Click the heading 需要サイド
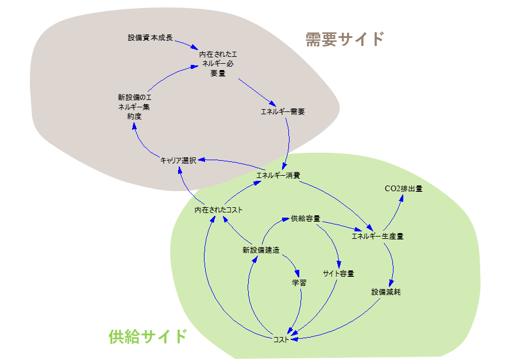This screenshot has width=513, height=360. pyautogui.click(x=344, y=39)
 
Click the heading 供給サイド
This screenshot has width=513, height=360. pyautogui.click(x=148, y=336)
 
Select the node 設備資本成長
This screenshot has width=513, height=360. pyautogui.click(x=150, y=38)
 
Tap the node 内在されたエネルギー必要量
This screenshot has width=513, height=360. pyautogui.click(x=217, y=64)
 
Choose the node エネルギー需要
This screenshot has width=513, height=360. pyautogui.click(x=283, y=111)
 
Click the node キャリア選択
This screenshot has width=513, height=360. pyautogui.click(x=179, y=160)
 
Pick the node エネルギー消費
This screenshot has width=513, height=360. pyautogui.click(x=277, y=175)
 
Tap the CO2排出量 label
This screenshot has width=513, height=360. pyautogui.click(x=403, y=188)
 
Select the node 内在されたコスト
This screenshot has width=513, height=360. pyautogui.click(x=218, y=210)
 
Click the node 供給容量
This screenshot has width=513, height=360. pyautogui.click(x=305, y=218)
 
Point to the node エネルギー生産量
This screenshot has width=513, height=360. pyautogui.click(x=377, y=235)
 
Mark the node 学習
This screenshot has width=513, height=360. pyautogui.click(x=299, y=282)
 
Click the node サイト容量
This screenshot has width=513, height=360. pyautogui.click(x=338, y=273)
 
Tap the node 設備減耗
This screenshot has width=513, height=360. pyautogui.click(x=385, y=292)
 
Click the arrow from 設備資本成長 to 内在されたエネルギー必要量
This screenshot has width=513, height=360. pyautogui.click(x=187, y=43)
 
